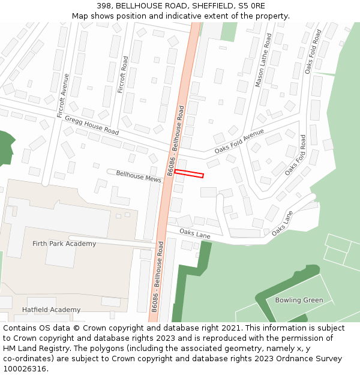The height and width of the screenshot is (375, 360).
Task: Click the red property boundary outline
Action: click(x=189, y=174)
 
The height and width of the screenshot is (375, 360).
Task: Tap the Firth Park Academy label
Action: click(x=64, y=244)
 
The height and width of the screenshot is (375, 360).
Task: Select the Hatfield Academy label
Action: click(x=51, y=310)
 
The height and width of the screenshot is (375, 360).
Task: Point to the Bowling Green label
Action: click(x=299, y=300)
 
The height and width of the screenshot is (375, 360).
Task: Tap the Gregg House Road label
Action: click(x=92, y=125)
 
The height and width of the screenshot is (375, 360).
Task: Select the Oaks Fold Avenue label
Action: click(x=239, y=141)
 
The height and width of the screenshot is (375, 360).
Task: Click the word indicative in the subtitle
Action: click(x=186, y=16)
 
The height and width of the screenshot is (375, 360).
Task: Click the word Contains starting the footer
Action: click(x=20, y=328)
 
